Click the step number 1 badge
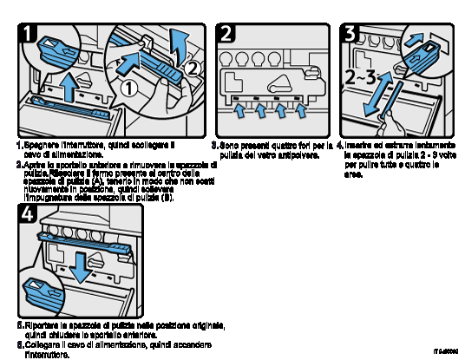pos(29,35)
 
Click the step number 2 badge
pos(227,35)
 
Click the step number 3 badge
pos(350,35)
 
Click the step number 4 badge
pos(28,215)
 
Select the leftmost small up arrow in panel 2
pos(240,112)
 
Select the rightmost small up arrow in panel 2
pos(301,112)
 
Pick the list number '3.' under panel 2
pos(214,145)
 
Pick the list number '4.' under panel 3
pos(340,145)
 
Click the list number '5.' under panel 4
pos(20,326)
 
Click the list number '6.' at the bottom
pos(20,345)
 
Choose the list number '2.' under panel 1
pos(19,163)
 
